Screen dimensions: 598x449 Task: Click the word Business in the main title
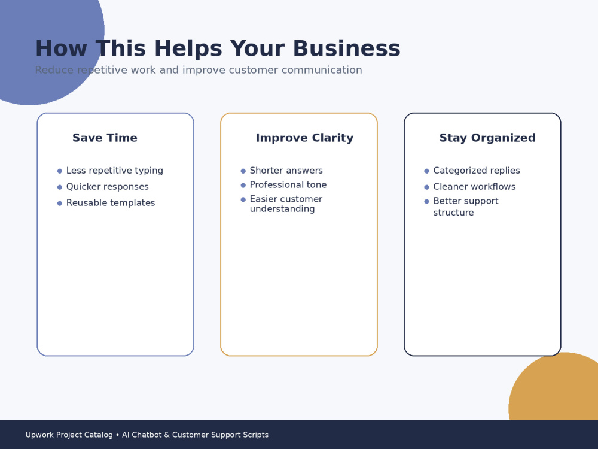coord(347,48)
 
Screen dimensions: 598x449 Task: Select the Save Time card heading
coord(105,138)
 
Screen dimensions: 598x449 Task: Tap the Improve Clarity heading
coord(305,138)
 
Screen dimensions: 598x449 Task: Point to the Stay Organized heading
coord(487,138)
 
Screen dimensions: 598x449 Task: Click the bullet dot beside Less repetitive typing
coord(59,171)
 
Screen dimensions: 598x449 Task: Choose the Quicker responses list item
coord(108,187)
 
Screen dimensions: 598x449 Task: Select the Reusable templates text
coord(111,203)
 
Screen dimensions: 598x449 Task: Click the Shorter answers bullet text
coord(286,170)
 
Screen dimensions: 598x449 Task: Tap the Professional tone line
coord(288,185)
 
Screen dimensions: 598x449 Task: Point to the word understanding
coord(282,209)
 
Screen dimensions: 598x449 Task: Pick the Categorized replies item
coord(477,171)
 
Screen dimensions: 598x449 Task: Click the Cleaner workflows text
coord(474,187)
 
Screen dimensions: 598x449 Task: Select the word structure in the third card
coord(453,213)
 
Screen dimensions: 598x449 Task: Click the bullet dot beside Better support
coord(426,201)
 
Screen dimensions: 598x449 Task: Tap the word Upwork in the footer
coord(39,435)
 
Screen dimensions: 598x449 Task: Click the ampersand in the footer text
coord(167,435)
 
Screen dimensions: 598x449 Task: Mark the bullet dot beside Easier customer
coord(243,199)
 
